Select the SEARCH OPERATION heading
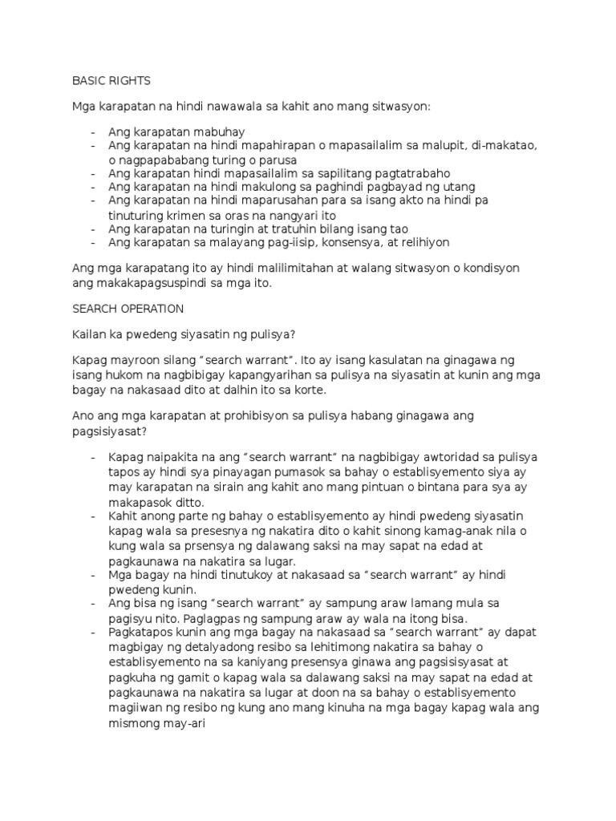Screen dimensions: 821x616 pyautogui.click(x=128, y=308)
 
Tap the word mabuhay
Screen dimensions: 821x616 pyautogui.click(x=217, y=131)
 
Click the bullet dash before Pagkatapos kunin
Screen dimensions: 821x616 pyautogui.click(x=94, y=633)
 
